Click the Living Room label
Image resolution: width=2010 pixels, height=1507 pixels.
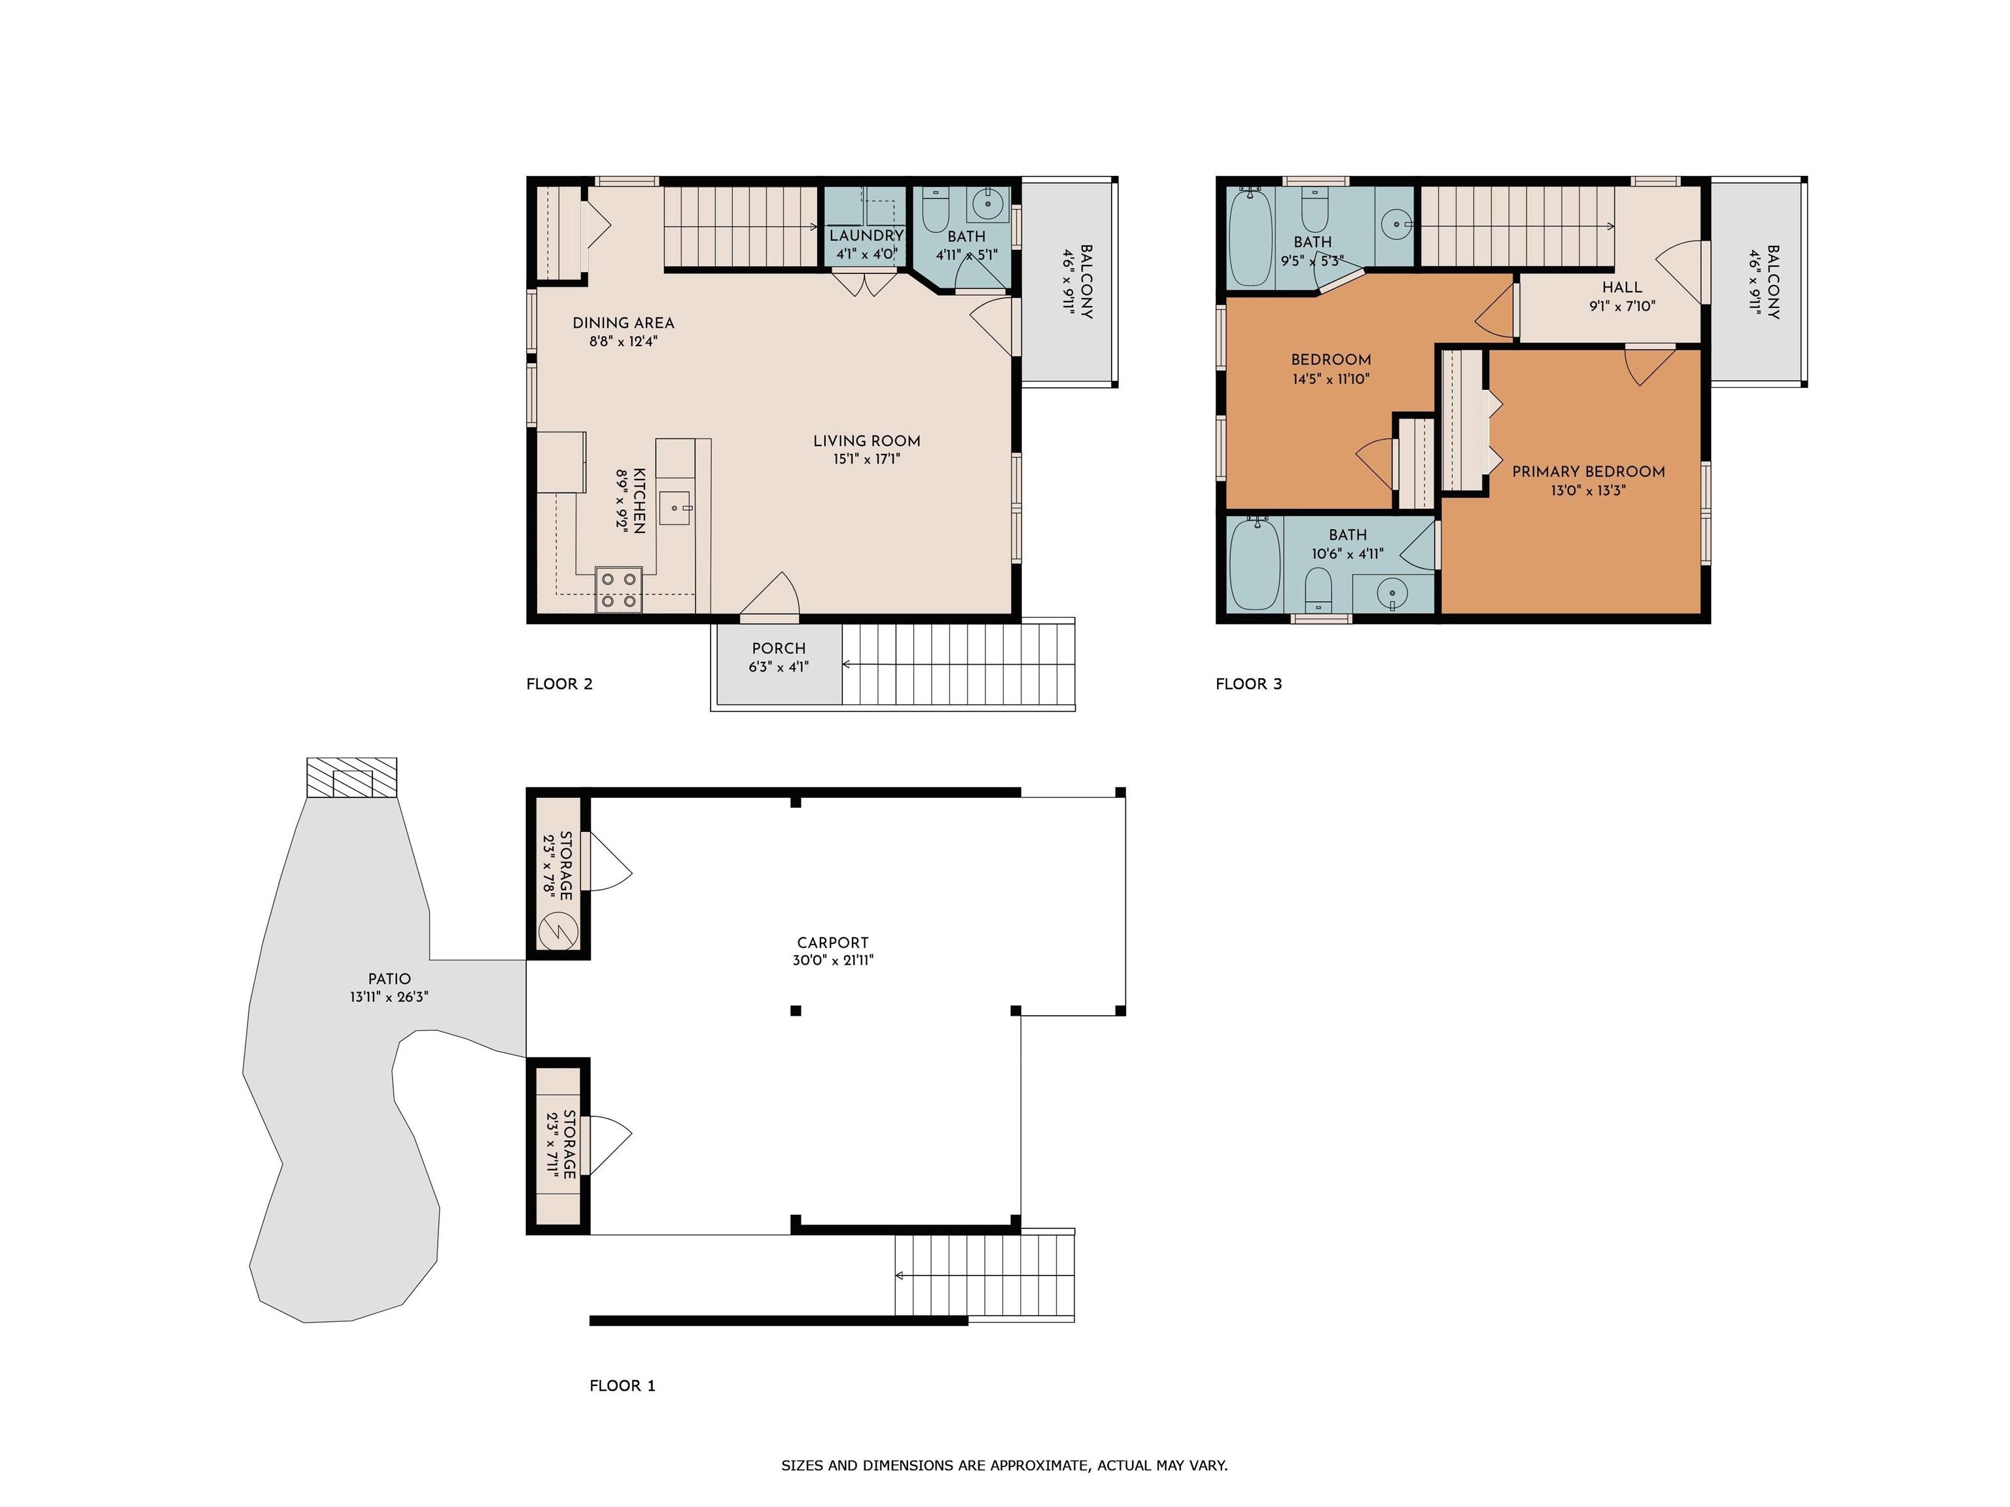(867, 441)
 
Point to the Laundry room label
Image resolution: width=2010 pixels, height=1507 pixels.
(866, 235)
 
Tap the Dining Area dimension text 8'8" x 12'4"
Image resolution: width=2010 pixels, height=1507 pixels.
(624, 341)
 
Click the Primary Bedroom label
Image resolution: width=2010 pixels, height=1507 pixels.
(1589, 472)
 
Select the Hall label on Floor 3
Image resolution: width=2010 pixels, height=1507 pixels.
(1622, 287)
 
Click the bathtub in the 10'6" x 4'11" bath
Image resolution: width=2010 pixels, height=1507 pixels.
(1255, 563)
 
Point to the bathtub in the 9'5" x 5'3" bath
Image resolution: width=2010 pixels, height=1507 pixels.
(1251, 235)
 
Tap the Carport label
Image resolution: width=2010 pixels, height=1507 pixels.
(832, 943)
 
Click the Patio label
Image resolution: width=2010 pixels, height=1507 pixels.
(389, 979)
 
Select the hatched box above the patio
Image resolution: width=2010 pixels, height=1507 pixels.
(351, 778)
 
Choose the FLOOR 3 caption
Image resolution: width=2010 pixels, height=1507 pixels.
(1248, 684)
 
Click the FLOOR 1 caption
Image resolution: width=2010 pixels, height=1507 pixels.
(622, 1385)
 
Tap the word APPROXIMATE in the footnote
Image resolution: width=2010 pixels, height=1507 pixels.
(1040, 1465)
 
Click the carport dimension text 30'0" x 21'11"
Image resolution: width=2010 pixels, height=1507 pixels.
(832, 961)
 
